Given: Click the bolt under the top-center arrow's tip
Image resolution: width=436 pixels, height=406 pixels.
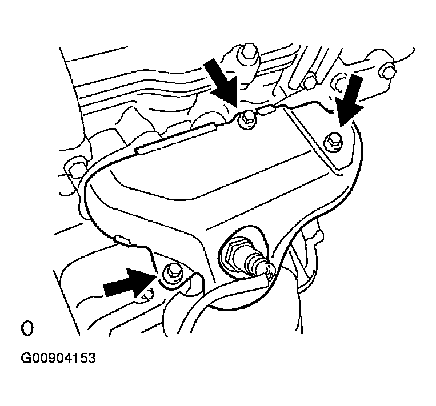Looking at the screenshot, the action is click(x=247, y=119).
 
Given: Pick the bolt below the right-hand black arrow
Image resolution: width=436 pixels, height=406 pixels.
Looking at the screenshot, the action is click(x=333, y=142).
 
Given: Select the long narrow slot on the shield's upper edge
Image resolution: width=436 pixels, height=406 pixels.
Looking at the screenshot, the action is click(x=176, y=138).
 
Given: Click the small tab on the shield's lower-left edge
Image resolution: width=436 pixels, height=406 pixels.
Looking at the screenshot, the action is click(x=122, y=239).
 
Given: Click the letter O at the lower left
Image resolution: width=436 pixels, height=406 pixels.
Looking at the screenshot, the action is click(x=27, y=329).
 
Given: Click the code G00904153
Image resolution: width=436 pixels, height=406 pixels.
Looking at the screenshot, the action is click(x=58, y=358).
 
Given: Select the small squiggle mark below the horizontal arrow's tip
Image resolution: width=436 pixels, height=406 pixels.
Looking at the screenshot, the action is click(x=147, y=295).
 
